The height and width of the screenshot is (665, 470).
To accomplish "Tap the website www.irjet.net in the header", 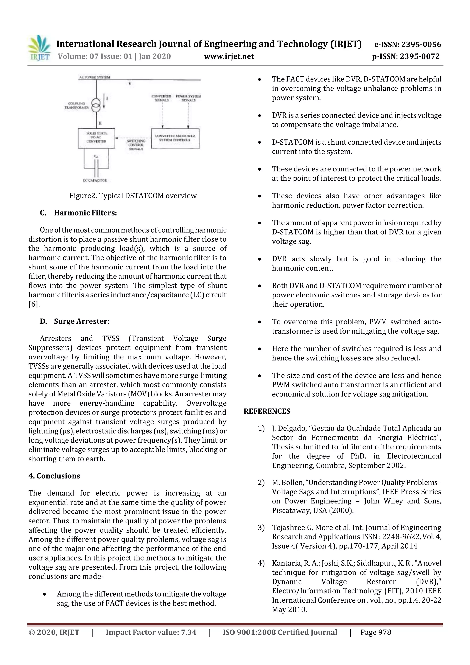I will click(x=229, y=56).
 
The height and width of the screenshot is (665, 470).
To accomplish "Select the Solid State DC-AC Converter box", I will click(x=96, y=138).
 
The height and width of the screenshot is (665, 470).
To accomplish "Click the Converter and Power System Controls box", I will click(x=175, y=138).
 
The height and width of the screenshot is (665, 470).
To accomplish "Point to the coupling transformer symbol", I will click(x=96, y=105).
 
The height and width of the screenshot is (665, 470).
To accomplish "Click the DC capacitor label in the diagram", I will click(x=95, y=180).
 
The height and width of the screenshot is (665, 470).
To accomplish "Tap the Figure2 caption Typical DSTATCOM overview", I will click(x=133, y=196).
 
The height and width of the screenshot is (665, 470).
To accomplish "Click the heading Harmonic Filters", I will click(x=85, y=213).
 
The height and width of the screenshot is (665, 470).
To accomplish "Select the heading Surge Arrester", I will click(x=81, y=321).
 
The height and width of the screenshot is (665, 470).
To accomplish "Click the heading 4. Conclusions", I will click(x=54, y=476).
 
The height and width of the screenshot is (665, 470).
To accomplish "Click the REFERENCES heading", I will click(x=267, y=411).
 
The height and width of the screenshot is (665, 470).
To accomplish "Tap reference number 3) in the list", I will click(x=261, y=528).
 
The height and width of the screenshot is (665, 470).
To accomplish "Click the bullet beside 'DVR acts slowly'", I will click(x=260, y=259).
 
